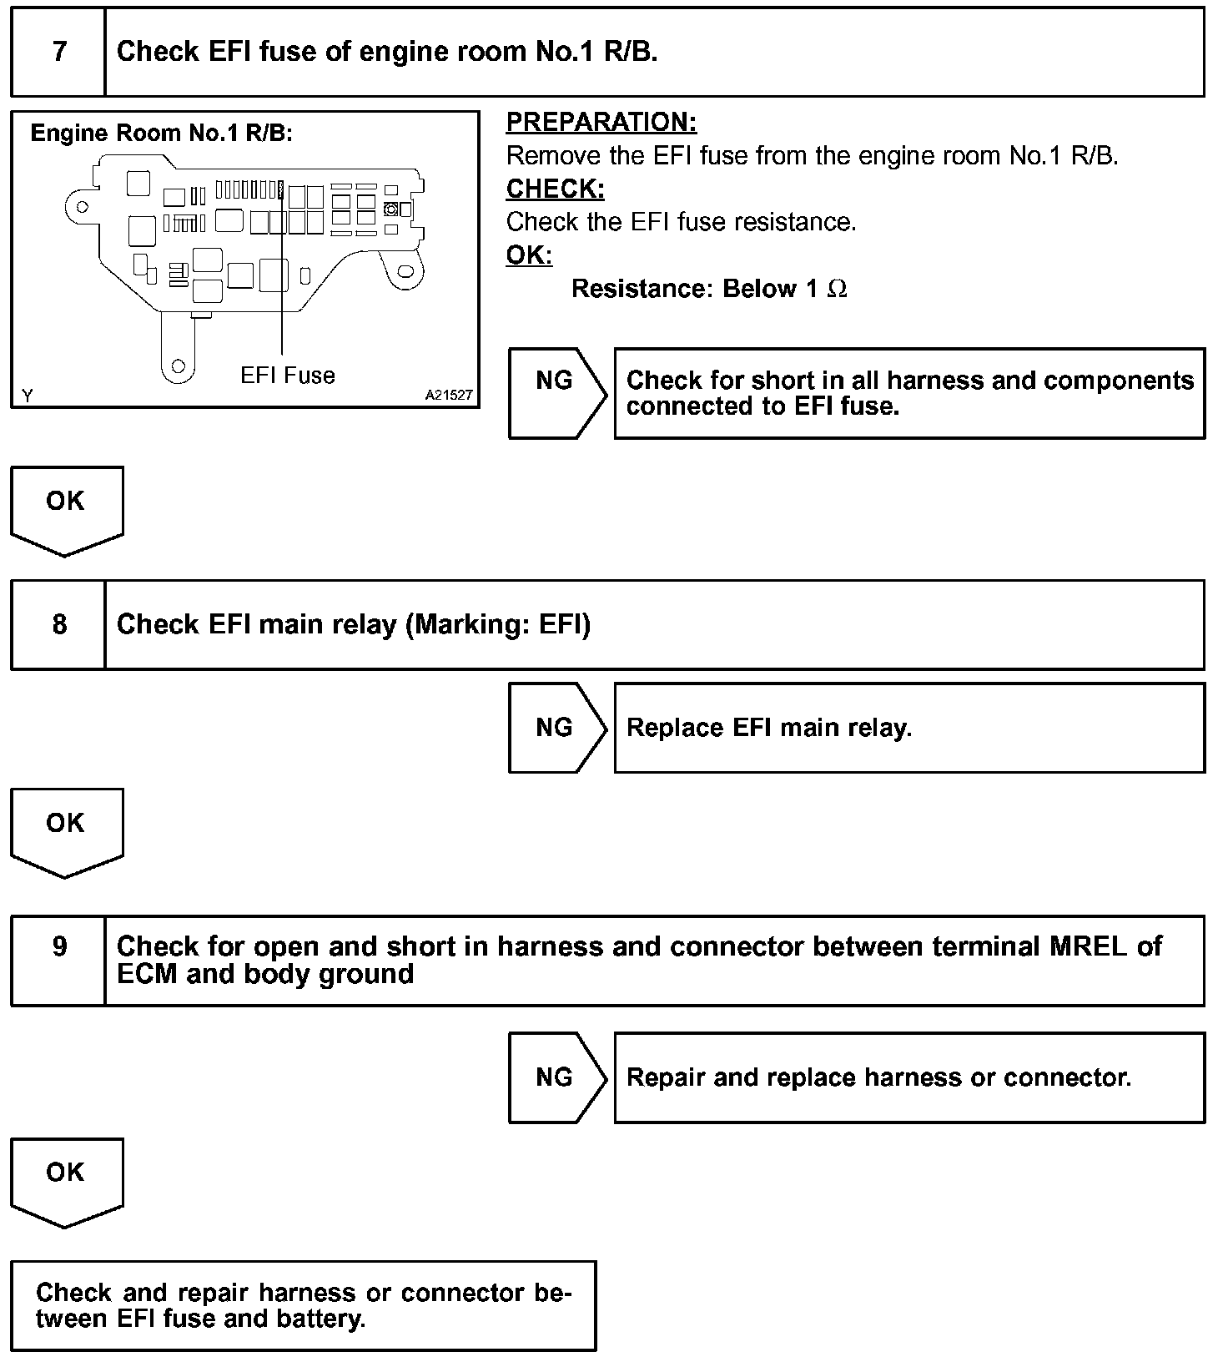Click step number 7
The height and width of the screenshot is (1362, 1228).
pyautogui.click(x=59, y=52)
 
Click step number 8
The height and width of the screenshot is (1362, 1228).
pyautogui.click(x=59, y=624)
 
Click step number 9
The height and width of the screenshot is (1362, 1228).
pyautogui.click(x=59, y=946)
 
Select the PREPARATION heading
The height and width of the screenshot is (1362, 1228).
pyautogui.click(x=601, y=123)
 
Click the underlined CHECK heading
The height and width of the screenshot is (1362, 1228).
pyautogui.click(x=555, y=189)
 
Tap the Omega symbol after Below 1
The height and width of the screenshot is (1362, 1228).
pyautogui.click(x=837, y=290)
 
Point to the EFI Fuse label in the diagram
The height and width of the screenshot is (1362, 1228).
pyautogui.click(x=287, y=376)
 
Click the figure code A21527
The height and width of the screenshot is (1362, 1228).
pyautogui.click(x=449, y=396)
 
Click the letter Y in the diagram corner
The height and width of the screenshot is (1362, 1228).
pyautogui.click(x=28, y=396)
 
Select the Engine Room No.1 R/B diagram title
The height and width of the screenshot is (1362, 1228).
pyautogui.click(x=161, y=134)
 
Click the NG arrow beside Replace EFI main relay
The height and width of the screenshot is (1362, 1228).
pyautogui.click(x=556, y=728)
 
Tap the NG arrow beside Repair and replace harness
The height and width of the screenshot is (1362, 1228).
pyautogui.click(x=556, y=1077)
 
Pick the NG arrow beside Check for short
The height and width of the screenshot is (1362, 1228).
pyautogui.click(x=556, y=393)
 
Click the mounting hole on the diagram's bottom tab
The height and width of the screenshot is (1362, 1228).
pyautogui.click(x=177, y=366)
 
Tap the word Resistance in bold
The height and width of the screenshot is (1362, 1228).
pyautogui.click(x=642, y=290)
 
